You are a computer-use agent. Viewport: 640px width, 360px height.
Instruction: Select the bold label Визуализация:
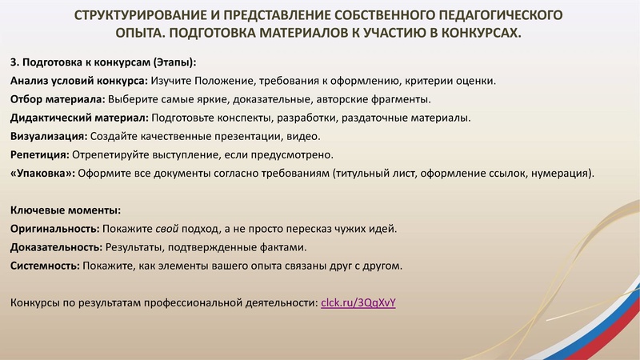tap(49, 136)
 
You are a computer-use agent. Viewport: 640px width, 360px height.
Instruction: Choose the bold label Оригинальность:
tap(54, 229)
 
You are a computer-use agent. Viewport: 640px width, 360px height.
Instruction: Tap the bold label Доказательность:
tap(56, 247)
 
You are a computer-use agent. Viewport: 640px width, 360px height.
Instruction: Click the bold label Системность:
tap(44, 266)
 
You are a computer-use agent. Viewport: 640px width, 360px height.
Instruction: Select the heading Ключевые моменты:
tap(66, 210)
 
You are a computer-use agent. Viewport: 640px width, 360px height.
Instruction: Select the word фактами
tap(280, 247)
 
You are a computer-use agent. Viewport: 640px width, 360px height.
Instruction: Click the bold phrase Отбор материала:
tap(57, 99)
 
